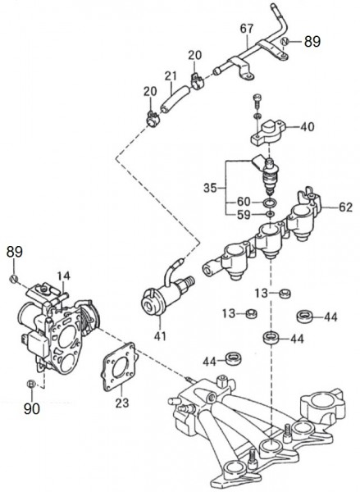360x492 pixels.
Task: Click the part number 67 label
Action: click(x=246, y=29)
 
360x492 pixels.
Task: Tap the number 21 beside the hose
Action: click(x=171, y=76)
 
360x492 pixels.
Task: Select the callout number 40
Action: click(x=307, y=127)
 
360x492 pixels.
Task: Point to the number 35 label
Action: click(x=210, y=189)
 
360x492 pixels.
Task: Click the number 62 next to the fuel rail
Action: click(x=345, y=207)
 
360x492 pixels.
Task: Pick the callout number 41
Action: click(x=160, y=336)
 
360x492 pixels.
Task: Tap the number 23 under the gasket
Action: click(x=122, y=403)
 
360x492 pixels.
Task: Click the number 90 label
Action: click(x=32, y=408)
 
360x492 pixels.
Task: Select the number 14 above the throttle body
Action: click(x=64, y=276)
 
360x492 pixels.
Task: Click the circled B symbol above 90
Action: click(x=31, y=384)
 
